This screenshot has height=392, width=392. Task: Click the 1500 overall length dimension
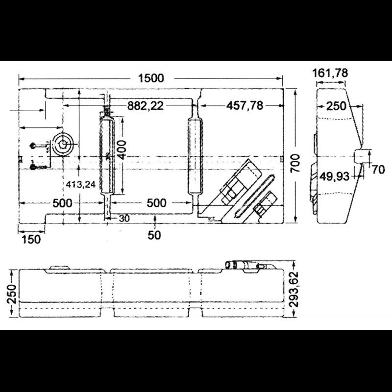[151, 78]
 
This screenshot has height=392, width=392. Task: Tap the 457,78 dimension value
[245, 105]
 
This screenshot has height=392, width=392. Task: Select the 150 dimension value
[31, 239]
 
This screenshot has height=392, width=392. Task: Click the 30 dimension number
[124, 219]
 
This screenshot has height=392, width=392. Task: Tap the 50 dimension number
[154, 235]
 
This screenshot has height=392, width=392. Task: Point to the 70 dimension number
[378, 170]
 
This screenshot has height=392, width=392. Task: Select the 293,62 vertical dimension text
[294, 290]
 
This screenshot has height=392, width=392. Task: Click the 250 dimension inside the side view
[336, 106]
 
